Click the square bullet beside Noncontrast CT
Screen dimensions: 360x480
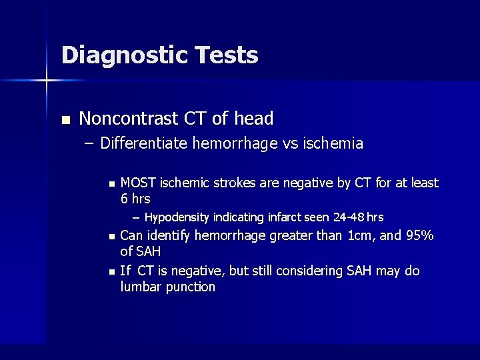tap(65, 121)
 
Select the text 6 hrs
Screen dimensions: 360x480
tap(135, 199)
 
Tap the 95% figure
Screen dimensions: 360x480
tap(419, 235)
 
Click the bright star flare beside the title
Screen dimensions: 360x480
tap(47, 81)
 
